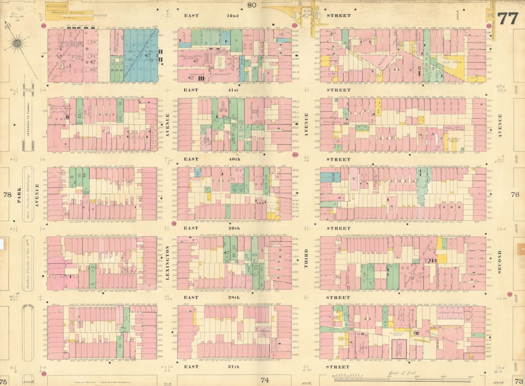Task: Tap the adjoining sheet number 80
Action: [252, 5]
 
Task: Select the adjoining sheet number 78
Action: [7, 195]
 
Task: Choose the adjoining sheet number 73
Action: [518, 380]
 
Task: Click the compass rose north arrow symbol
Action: [18, 44]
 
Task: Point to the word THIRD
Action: [306, 258]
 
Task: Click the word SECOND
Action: [500, 261]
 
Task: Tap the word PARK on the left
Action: [20, 195]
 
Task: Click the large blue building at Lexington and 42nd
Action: [141, 55]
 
